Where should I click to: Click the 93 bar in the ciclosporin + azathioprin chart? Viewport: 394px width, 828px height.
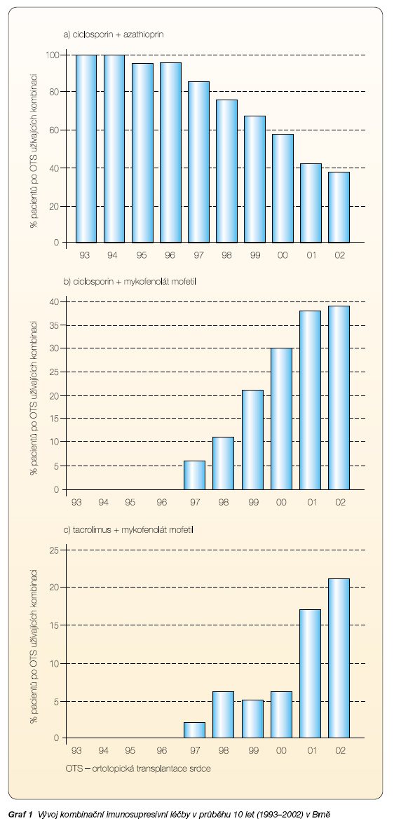point(86,149)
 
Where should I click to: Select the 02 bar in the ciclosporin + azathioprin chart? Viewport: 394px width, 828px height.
point(339,207)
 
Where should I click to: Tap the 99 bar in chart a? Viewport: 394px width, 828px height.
point(254,179)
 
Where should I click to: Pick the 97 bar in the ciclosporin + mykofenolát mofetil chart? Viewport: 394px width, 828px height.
point(194,475)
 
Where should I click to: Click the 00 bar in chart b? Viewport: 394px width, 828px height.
point(283,419)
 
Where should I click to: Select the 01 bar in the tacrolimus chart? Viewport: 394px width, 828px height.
point(310,674)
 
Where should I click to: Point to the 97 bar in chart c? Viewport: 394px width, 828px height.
point(194,731)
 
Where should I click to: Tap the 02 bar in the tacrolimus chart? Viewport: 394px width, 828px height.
point(339,658)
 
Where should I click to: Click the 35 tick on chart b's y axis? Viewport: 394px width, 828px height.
point(55,325)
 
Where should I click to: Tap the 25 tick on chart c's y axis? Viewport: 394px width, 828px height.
point(55,551)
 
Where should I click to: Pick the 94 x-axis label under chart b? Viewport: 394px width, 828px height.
point(103,502)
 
